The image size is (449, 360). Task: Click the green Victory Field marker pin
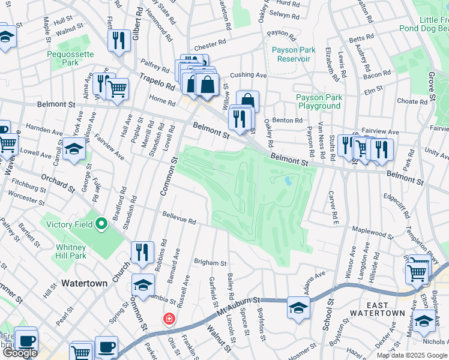(x=101, y=225)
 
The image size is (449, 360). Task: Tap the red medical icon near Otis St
(x=170, y=318)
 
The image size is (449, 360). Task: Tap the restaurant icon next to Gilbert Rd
(x=118, y=40)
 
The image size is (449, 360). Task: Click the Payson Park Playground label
(x=318, y=101)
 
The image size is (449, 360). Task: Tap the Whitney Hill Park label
(x=71, y=251)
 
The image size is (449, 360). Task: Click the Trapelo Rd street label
(x=157, y=82)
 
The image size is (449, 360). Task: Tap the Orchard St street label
(x=58, y=184)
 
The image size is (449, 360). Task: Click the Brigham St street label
(x=210, y=263)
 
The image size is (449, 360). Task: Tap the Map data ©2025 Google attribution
(x=412, y=355)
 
